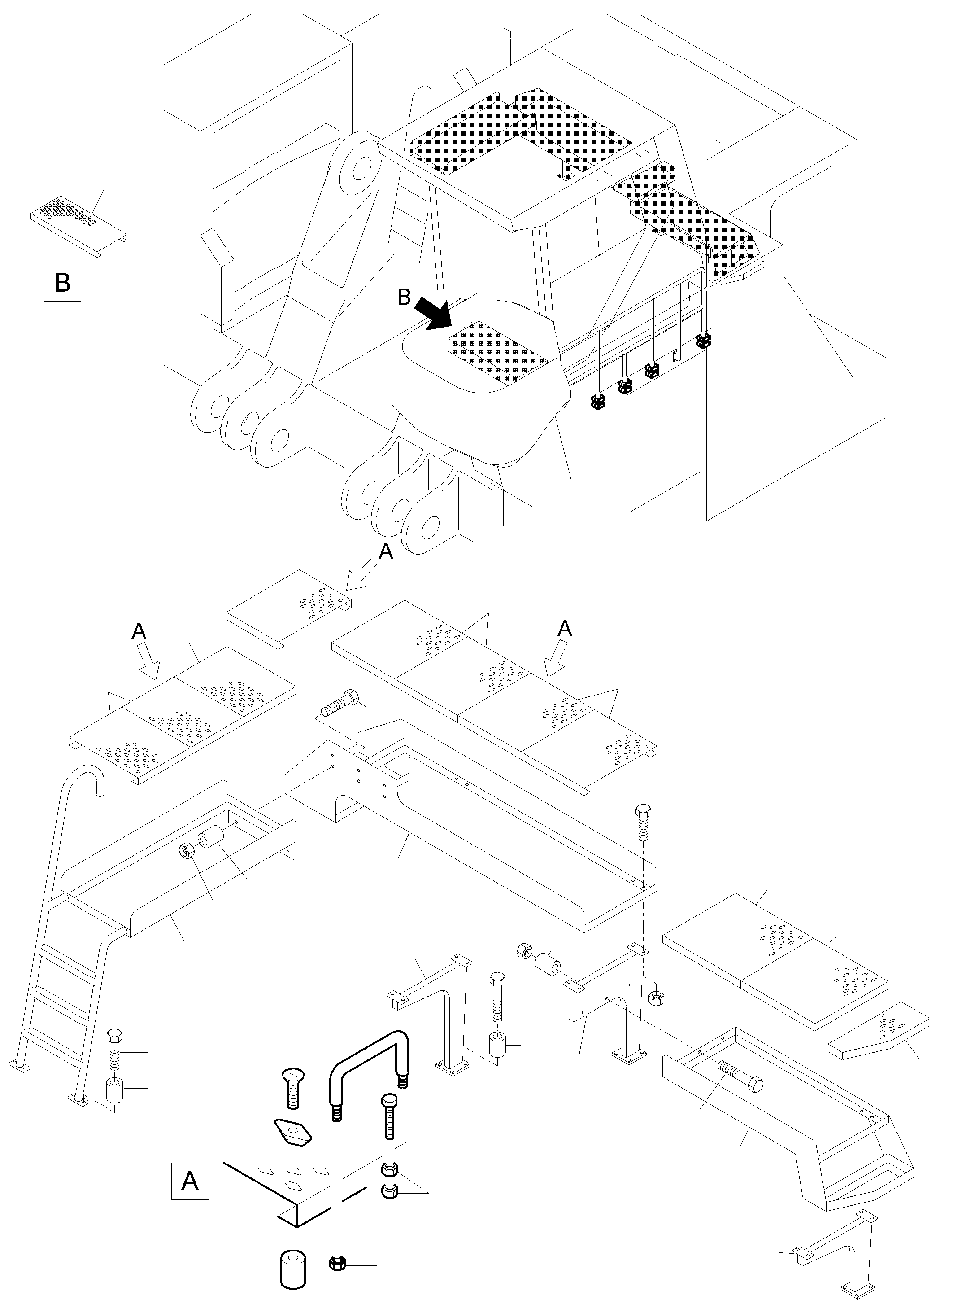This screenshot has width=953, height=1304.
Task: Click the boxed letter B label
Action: tap(62, 283)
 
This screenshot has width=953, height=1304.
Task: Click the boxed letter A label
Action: tap(190, 1181)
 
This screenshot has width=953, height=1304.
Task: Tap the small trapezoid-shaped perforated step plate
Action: tap(879, 1036)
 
